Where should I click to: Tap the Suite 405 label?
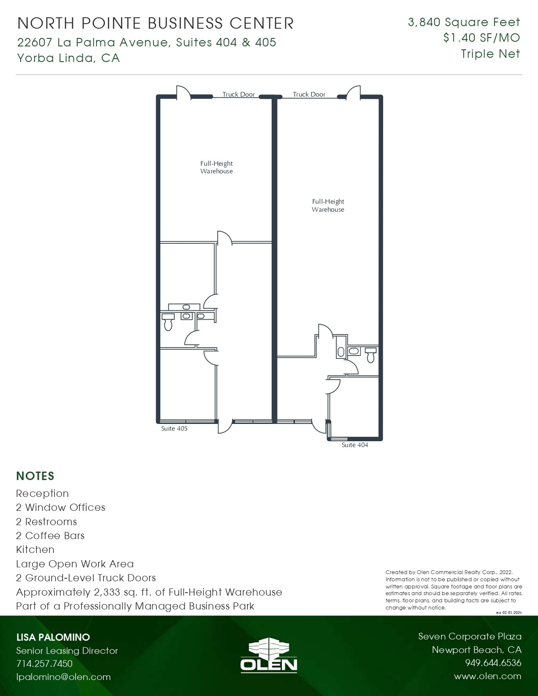[x=174, y=429]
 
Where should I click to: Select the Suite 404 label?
[x=354, y=445]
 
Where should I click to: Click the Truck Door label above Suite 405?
[x=238, y=94]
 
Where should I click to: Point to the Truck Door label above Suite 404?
[x=309, y=94]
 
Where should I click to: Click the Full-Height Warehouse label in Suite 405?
[x=216, y=167]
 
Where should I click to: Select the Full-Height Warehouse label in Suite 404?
[x=328, y=205]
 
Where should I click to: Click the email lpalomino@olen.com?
[x=63, y=677]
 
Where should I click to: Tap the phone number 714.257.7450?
[x=44, y=664]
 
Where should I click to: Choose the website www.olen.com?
[x=487, y=676]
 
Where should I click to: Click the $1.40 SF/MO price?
[x=481, y=38]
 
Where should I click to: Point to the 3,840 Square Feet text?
[x=464, y=22]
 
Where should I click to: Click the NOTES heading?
[x=35, y=476]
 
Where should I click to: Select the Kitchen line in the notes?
[x=35, y=550]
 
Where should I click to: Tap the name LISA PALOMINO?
[x=53, y=637]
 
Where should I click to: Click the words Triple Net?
[x=490, y=54]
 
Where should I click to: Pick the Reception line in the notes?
[x=42, y=494]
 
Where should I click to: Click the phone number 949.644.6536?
[x=493, y=663]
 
